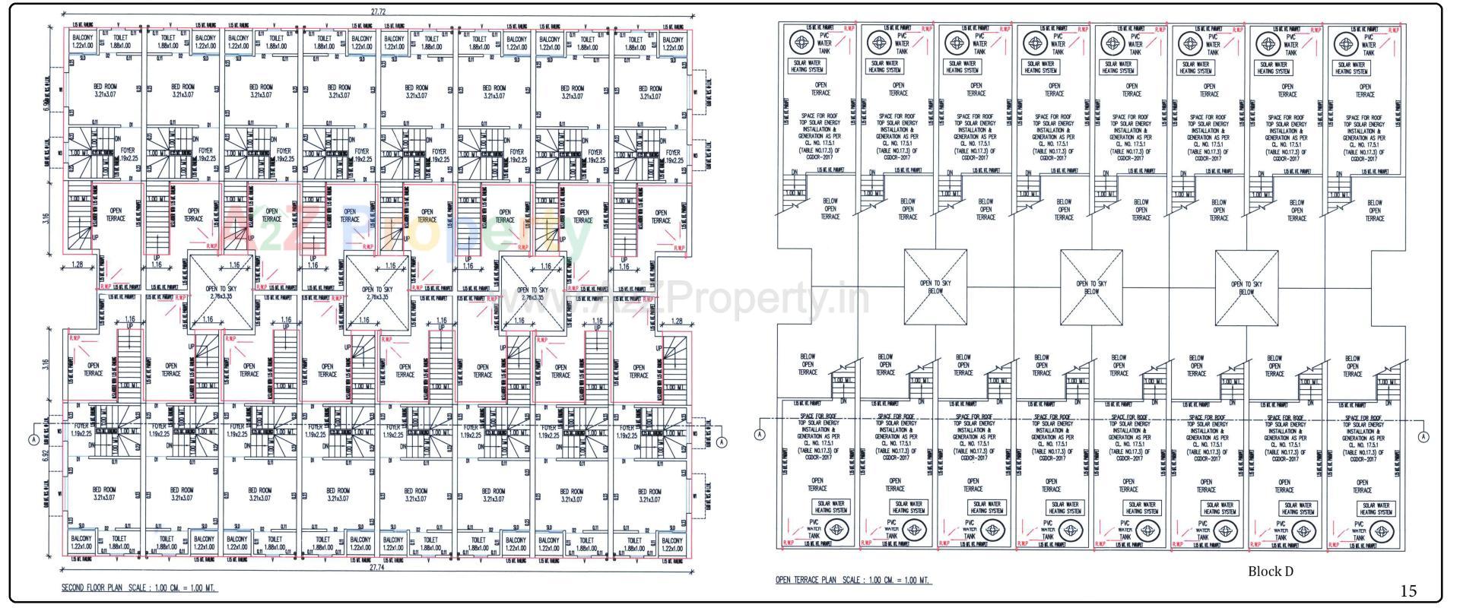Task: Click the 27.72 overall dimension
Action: pyautogui.click(x=378, y=12)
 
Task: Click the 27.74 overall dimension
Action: pyautogui.click(x=378, y=567)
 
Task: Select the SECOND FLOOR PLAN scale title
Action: pyautogui.click(x=138, y=588)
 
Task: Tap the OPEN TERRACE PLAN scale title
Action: pyautogui.click(x=852, y=581)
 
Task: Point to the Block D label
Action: pyautogui.click(x=1270, y=572)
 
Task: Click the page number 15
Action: pyautogui.click(x=1408, y=591)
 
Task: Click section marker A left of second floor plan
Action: pyautogui.click(x=33, y=441)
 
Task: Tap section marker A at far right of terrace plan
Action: pyautogui.click(x=1423, y=436)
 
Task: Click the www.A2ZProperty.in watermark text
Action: pyautogui.click(x=684, y=298)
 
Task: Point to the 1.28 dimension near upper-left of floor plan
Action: pyautogui.click(x=77, y=264)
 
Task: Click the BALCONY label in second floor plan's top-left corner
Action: pyautogui.click(x=82, y=42)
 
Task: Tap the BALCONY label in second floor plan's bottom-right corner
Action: pyautogui.click(x=672, y=544)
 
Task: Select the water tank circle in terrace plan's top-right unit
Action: pyautogui.click(x=1346, y=44)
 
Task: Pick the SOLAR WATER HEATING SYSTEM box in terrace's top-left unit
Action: pyautogui.click(x=807, y=67)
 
